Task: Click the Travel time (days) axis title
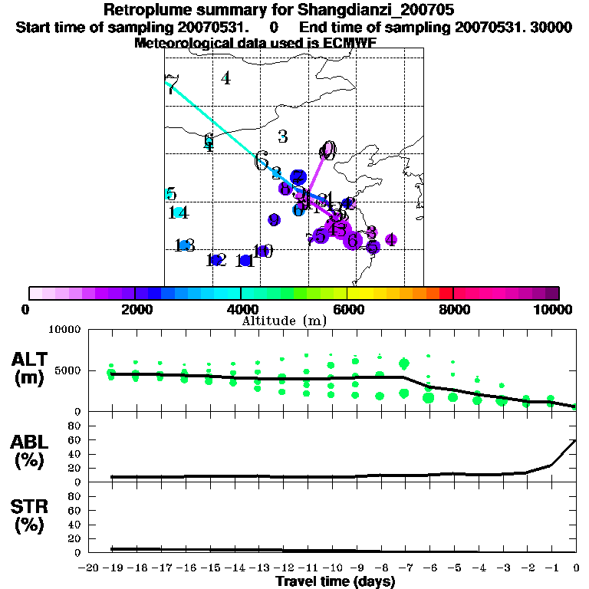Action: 335,581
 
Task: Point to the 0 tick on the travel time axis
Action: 576,568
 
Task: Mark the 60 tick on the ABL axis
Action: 75,439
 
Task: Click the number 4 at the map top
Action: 225,77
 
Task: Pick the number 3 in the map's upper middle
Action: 282,137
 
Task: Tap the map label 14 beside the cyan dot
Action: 179,213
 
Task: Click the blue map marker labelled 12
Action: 216,260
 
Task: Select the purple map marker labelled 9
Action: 274,220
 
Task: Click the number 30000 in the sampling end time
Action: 552,27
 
